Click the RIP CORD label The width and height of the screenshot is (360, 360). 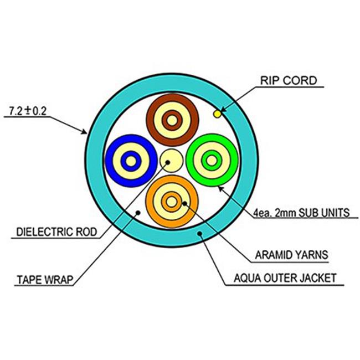[x=289, y=81]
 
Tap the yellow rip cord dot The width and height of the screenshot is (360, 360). [x=217, y=114]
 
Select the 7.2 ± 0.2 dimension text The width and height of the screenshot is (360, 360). [x=28, y=111]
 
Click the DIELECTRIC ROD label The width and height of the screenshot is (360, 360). [x=56, y=232]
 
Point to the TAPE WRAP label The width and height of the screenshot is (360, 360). [x=45, y=280]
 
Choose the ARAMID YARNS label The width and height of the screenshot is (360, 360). [x=291, y=255]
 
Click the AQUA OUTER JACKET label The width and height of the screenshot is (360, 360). [x=285, y=278]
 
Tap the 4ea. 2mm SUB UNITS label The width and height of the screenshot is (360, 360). [x=301, y=213]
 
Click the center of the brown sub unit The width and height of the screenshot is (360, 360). [x=172, y=120]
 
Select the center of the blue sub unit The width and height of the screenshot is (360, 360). [x=131, y=161]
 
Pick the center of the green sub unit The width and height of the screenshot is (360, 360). [x=212, y=160]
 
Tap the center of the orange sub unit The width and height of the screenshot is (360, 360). [x=171, y=202]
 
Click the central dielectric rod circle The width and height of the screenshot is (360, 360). [x=171, y=161]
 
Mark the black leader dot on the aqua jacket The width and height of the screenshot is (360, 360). [x=200, y=234]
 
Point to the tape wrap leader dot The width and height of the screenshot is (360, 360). [x=138, y=213]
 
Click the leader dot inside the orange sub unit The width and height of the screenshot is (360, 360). [x=184, y=203]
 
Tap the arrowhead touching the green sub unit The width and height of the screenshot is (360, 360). [x=220, y=188]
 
